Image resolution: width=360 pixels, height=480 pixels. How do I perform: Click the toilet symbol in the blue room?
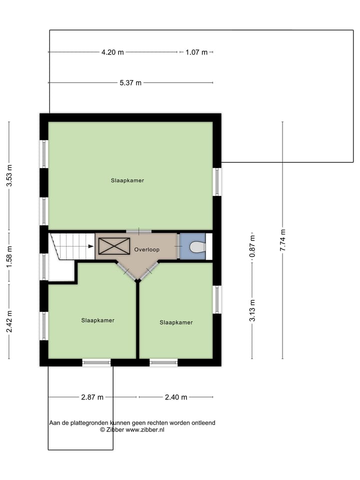197,246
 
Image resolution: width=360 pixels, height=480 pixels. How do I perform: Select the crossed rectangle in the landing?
114,246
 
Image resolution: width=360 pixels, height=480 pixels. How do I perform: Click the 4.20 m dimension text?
112,52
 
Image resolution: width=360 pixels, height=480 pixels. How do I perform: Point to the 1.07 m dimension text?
196,52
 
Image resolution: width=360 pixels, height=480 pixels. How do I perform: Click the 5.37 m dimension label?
130,82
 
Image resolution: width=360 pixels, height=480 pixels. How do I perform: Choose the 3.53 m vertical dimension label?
9,175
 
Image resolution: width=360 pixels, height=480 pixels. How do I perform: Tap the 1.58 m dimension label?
9,257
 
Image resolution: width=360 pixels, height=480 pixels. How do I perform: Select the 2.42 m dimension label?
9,321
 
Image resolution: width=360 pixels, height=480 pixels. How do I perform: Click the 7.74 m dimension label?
282,240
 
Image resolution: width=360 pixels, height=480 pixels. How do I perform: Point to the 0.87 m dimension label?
252,246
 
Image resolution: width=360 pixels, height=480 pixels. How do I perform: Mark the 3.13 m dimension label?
252,310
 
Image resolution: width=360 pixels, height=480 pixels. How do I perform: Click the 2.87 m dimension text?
92,397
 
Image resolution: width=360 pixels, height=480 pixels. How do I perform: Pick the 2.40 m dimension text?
176,397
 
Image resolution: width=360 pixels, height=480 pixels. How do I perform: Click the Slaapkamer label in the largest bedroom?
127,180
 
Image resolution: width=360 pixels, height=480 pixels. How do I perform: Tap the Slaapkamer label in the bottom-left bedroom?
98,320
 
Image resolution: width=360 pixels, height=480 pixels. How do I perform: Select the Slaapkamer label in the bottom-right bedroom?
176,322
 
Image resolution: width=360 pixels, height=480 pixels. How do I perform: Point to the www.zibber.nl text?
145,429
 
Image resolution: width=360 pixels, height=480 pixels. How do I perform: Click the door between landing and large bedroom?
138,231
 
